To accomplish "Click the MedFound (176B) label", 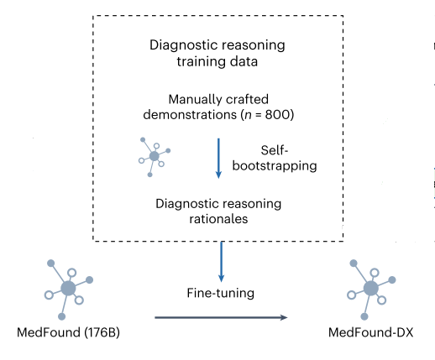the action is pos(68,333).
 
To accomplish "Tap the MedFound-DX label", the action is pos(370,332).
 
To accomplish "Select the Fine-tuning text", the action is pos(221,294).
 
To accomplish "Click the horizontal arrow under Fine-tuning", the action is pos(221,317).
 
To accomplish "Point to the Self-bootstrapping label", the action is pos(275,158).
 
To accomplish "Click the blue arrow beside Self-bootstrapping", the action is pos(218,158).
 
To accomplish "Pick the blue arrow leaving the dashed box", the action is pos(221,262).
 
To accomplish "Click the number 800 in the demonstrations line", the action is pos(275,115).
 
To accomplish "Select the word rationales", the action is pos(218,219).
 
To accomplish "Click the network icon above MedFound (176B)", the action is pos(69,290).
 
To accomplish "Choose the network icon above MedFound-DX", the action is pos(371,290).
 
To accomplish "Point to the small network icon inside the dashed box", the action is pos(155,157).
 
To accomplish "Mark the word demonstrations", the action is pos(190,115).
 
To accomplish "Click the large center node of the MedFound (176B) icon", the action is pos(68,289).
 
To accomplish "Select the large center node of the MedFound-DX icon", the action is pos(371,289).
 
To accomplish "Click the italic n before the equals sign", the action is pos(248,116).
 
